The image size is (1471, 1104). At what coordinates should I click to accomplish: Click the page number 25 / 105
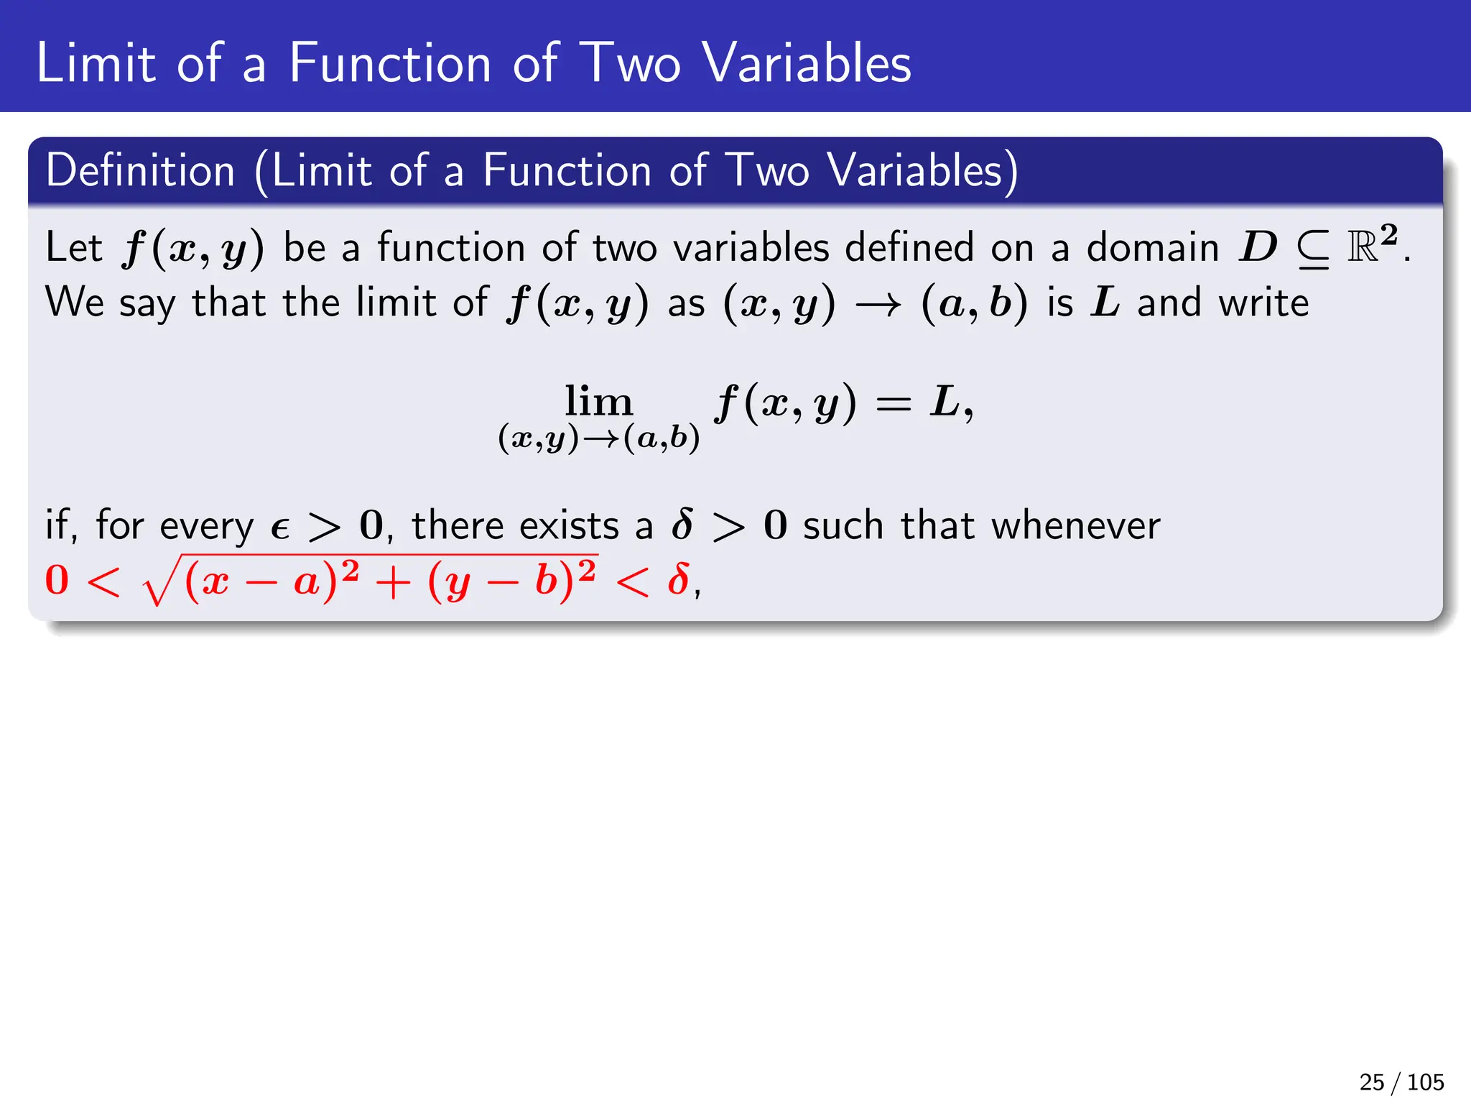pyautogui.click(x=1401, y=1082)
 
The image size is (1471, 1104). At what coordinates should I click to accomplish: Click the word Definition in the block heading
pyautogui.click(x=141, y=171)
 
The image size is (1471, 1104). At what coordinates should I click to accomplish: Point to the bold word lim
pyautogui.click(x=598, y=401)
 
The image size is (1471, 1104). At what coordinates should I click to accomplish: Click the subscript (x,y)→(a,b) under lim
pyautogui.click(x=598, y=438)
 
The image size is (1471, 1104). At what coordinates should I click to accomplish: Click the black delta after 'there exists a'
pyautogui.click(x=682, y=525)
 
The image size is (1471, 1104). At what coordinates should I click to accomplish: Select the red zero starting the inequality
pyautogui.click(x=57, y=581)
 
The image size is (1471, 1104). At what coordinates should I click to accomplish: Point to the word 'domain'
pyautogui.click(x=1152, y=248)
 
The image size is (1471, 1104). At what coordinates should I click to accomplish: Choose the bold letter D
pyautogui.click(x=1258, y=248)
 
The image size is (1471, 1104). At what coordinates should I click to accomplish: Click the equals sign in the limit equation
pyautogui.click(x=893, y=404)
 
